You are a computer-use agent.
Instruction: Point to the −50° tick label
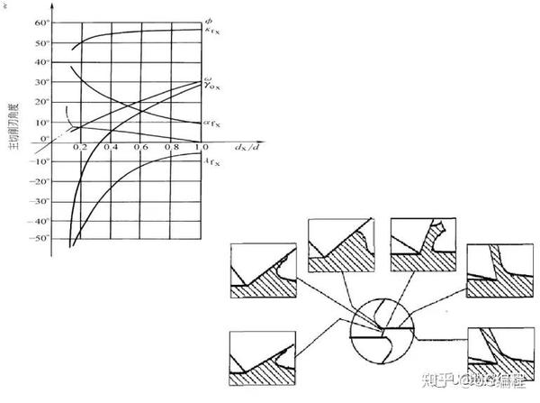tap(39, 239)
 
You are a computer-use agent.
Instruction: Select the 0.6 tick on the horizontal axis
tap(140, 146)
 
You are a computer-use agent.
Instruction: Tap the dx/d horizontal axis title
tap(245, 144)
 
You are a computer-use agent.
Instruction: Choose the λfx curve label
tap(214, 160)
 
